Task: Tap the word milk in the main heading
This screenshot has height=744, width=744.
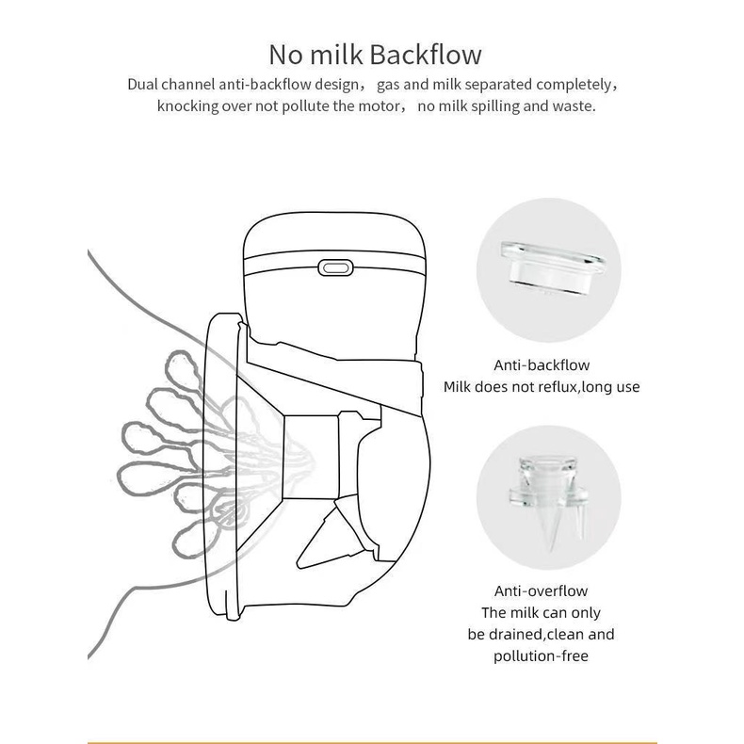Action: click(x=336, y=55)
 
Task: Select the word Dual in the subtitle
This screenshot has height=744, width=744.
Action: click(x=143, y=85)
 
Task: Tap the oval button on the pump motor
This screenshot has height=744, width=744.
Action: click(x=335, y=267)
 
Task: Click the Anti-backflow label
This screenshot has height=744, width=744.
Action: click(x=542, y=365)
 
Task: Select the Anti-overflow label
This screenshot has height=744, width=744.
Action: click(x=541, y=591)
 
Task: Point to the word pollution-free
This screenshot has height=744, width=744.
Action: click(x=541, y=656)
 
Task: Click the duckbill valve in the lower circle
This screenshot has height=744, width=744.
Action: click(x=549, y=498)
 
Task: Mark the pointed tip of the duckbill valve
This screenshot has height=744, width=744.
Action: click(x=551, y=551)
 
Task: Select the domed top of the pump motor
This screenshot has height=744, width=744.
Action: click(x=334, y=235)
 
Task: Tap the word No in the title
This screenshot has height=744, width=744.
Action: click(x=286, y=55)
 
